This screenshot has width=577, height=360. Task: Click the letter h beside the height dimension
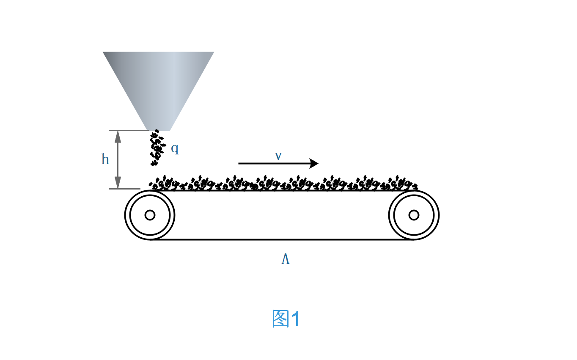[105, 160]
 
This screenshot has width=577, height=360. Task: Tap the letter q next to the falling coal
[175, 148]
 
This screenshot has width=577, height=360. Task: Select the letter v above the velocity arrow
[278, 156]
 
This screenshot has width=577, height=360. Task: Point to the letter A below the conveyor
[286, 259]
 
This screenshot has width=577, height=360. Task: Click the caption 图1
[286, 319]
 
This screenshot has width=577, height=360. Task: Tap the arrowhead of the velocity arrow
[314, 163]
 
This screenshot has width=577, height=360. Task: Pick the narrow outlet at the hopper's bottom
[158, 129]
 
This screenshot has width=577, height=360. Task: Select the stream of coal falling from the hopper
[157, 147]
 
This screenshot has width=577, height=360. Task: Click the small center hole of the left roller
[150, 215]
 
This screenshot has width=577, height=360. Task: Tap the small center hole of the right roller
[414, 215]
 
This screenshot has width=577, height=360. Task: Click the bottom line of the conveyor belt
[282, 239]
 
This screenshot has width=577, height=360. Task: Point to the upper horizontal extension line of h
[127, 130]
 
